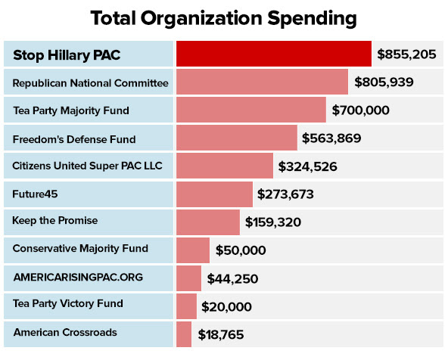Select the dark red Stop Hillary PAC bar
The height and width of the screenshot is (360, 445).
(x=274, y=54)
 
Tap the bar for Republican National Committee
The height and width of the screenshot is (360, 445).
(x=262, y=82)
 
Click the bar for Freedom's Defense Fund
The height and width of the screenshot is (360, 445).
(x=237, y=138)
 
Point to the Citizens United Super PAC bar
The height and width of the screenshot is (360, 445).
(x=225, y=166)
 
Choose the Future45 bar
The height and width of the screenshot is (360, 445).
(x=214, y=194)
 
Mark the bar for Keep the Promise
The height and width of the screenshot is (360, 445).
(x=208, y=222)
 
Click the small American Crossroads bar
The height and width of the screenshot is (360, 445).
(x=184, y=333)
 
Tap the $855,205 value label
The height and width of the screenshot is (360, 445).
(x=408, y=54)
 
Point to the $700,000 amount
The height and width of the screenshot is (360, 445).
(x=361, y=110)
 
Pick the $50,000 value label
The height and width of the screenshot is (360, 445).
(x=241, y=250)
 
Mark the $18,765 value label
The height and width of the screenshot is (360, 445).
(x=221, y=334)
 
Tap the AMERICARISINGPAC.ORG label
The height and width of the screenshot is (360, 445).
(x=67, y=277)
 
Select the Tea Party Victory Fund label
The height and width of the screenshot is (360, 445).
(x=68, y=304)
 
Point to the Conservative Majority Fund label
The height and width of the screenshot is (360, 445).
(x=80, y=248)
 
